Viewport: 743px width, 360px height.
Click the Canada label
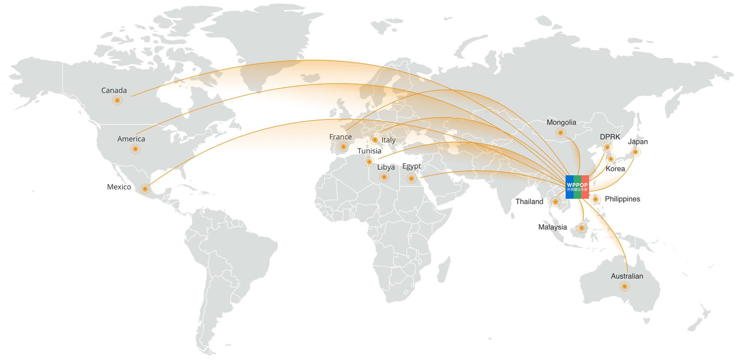114,91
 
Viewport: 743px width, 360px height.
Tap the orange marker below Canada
117,100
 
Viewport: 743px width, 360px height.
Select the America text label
131,139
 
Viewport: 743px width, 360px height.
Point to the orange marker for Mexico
145,189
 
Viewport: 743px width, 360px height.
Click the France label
340,137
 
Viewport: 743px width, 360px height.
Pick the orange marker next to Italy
375,140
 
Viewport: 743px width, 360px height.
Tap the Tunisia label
369,151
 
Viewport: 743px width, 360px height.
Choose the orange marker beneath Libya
385,177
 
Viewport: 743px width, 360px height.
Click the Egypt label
411,166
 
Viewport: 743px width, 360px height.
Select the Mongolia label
561,123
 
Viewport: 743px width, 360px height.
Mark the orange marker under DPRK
607,148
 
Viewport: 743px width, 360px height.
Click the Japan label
638,142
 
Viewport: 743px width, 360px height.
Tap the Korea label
615,169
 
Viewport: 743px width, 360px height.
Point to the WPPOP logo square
577,187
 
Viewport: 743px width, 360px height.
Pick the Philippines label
622,199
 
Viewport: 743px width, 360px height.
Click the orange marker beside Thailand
556,202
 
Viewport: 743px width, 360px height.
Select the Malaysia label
553,227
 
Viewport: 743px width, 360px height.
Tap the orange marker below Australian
624,286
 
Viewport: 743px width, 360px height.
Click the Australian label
627,276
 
